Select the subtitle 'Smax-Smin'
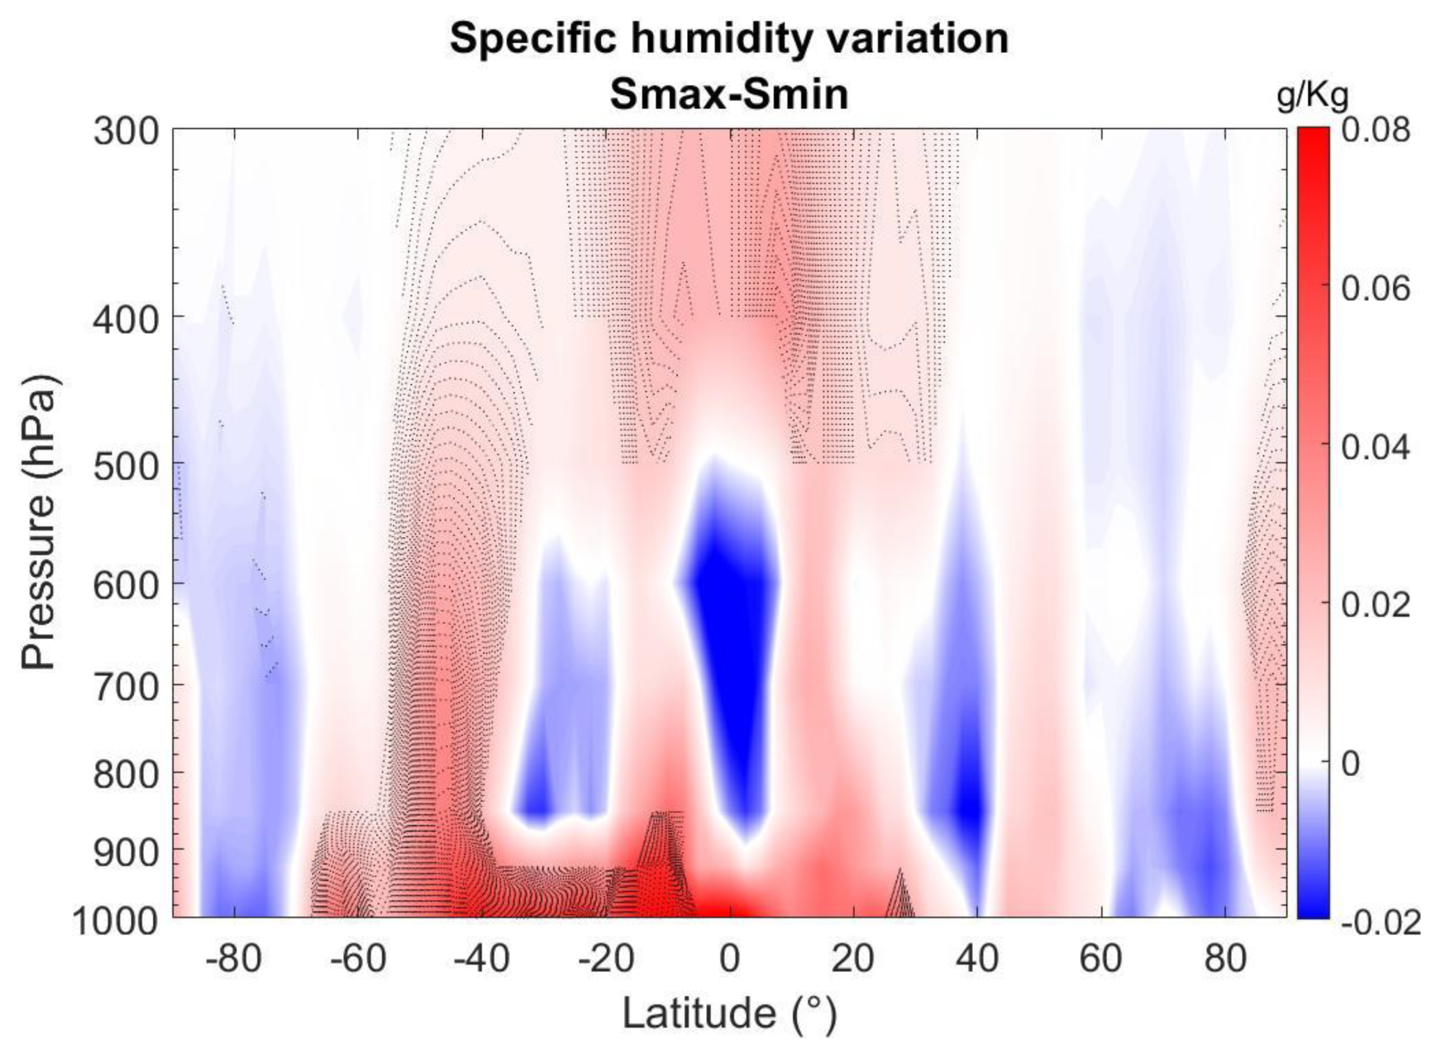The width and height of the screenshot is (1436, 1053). [729, 94]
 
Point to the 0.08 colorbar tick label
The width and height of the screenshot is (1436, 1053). [1376, 131]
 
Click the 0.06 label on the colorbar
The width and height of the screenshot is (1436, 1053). [1376, 289]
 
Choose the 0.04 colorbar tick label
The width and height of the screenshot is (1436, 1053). [1376, 447]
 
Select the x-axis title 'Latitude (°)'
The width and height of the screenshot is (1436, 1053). [729, 1013]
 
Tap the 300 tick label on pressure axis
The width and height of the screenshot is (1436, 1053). [126, 132]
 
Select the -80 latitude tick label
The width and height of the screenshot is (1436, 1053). [233, 958]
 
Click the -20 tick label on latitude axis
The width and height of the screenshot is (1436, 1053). [605, 958]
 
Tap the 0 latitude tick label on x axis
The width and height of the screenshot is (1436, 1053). [729, 958]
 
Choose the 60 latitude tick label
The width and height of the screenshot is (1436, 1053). [1101, 958]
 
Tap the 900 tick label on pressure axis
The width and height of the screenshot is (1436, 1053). [126, 853]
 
